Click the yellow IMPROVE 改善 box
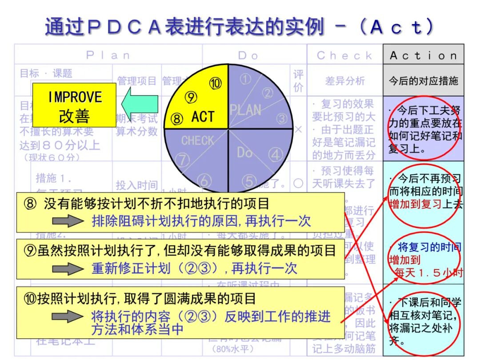[x=74, y=105]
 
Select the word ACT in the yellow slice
[x=203, y=117]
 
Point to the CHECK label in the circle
[x=197, y=141]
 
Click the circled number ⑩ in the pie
[x=216, y=83]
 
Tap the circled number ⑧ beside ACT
[x=177, y=119]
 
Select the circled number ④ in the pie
[x=276, y=155]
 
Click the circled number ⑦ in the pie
[x=182, y=159]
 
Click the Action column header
[x=423, y=56]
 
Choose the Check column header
[x=344, y=56]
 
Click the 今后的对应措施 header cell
[x=423, y=81]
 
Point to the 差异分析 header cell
[x=345, y=81]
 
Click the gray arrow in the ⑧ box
[x=68, y=221]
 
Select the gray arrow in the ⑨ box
[x=68, y=268]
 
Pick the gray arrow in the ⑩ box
[x=68, y=316]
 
